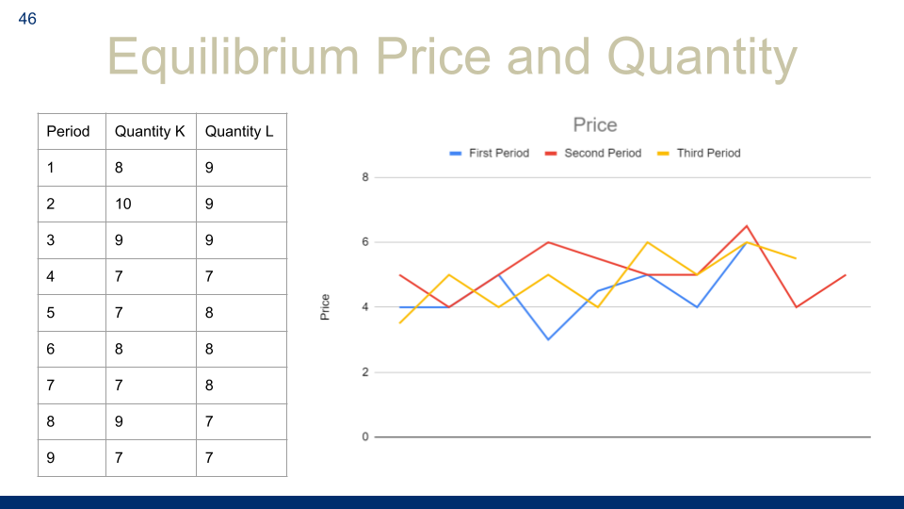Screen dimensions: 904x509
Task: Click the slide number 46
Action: pyautogui.click(x=27, y=19)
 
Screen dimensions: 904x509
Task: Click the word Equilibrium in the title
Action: pyautogui.click(x=233, y=57)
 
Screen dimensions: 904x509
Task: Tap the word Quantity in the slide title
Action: pyautogui.click(x=702, y=57)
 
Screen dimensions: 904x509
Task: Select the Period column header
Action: pyautogui.click(x=68, y=132)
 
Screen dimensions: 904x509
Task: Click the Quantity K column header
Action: pyautogui.click(x=150, y=132)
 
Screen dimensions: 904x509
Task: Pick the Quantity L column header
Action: pyautogui.click(x=239, y=132)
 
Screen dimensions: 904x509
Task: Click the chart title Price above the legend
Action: pyautogui.click(x=595, y=124)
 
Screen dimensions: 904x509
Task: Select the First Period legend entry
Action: pyautogui.click(x=489, y=153)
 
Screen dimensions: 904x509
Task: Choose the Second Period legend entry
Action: pyautogui.click(x=592, y=153)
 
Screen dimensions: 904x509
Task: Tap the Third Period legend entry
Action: pyautogui.click(x=699, y=153)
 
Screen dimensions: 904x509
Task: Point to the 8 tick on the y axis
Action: pyautogui.click(x=365, y=177)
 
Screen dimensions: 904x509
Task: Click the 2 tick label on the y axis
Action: pyautogui.click(x=365, y=372)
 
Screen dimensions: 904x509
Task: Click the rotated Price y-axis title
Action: pyautogui.click(x=325, y=307)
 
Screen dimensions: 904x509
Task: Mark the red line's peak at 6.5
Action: pyautogui.click(x=747, y=225)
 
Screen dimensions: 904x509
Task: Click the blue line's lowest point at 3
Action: pyautogui.click(x=548, y=339)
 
